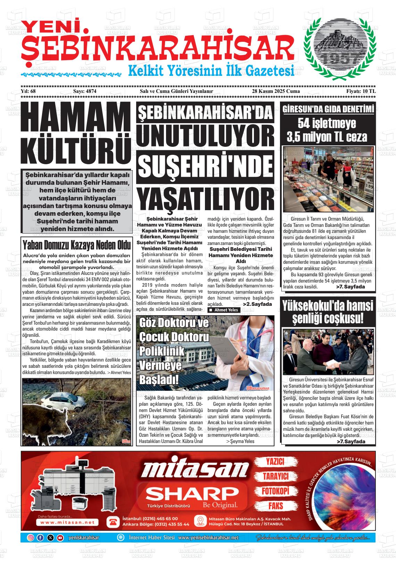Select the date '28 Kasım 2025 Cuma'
point(276,101)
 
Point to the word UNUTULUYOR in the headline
point(205,138)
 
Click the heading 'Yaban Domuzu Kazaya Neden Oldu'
point(76,245)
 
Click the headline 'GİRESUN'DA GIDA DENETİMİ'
point(328,109)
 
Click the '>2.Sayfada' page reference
point(257,304)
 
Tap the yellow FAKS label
point(275,506)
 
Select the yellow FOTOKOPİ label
point(275,491)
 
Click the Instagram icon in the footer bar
point(31,538)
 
